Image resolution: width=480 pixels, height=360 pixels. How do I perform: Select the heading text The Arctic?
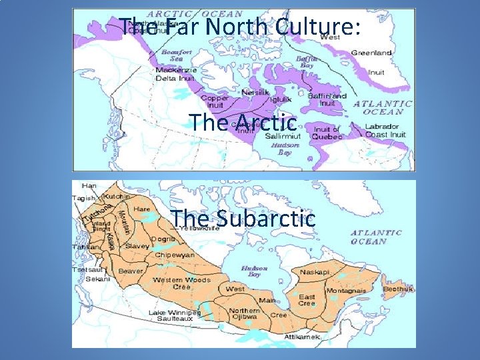point(243,122)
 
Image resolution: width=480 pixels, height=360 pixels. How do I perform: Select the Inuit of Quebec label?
point(327,133)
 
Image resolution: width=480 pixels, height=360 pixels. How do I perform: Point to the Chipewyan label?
point(174,255)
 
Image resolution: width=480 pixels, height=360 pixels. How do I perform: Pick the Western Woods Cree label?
point(181,284)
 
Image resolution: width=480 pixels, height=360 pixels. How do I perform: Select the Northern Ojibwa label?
point(244,314)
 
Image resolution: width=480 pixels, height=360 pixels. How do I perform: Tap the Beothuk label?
point(398,289)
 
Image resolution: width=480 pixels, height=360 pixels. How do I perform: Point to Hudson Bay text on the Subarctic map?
point(254,271)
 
